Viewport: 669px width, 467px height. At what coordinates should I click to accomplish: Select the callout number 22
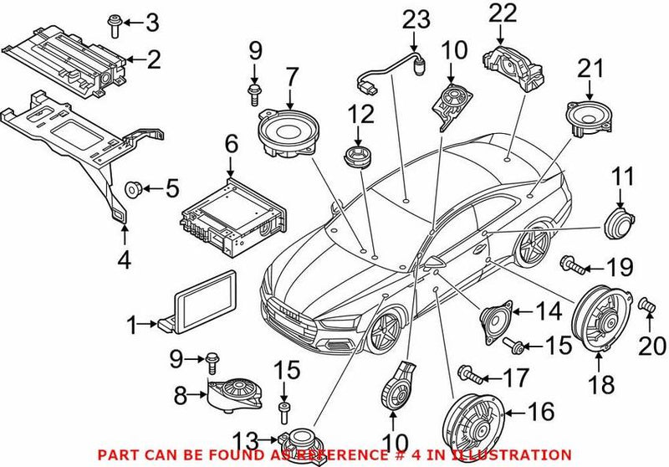click(498, 13)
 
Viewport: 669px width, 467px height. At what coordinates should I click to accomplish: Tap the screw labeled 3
click(115, 25)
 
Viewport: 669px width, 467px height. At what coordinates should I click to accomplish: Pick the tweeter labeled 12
click(358, 157)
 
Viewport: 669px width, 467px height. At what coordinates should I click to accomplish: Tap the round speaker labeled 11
click(619, 221)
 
